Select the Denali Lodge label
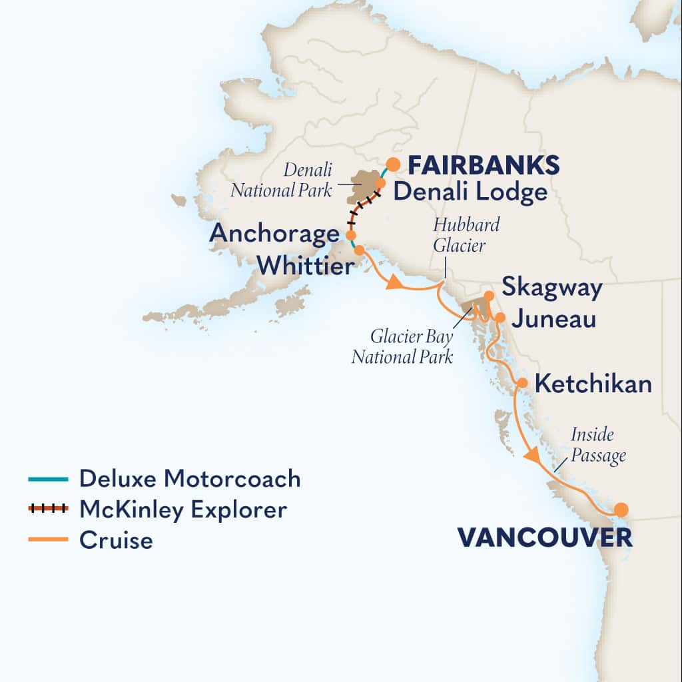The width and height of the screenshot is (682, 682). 470,192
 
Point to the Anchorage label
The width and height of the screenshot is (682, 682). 274,234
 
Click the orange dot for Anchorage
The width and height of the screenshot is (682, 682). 350,236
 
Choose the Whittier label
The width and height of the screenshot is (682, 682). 305,266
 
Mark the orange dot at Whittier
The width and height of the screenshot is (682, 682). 359,250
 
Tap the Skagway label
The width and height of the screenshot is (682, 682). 552,288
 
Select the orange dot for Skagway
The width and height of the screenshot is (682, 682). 489,296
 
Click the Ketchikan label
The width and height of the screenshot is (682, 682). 593,384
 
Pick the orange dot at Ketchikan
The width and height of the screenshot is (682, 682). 523,383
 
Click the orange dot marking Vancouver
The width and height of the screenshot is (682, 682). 621,510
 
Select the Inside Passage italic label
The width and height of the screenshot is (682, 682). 598,446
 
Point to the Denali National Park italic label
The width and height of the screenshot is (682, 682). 281,180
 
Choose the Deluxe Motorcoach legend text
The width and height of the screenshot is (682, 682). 190,479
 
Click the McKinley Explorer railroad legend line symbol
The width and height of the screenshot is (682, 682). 48,510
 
